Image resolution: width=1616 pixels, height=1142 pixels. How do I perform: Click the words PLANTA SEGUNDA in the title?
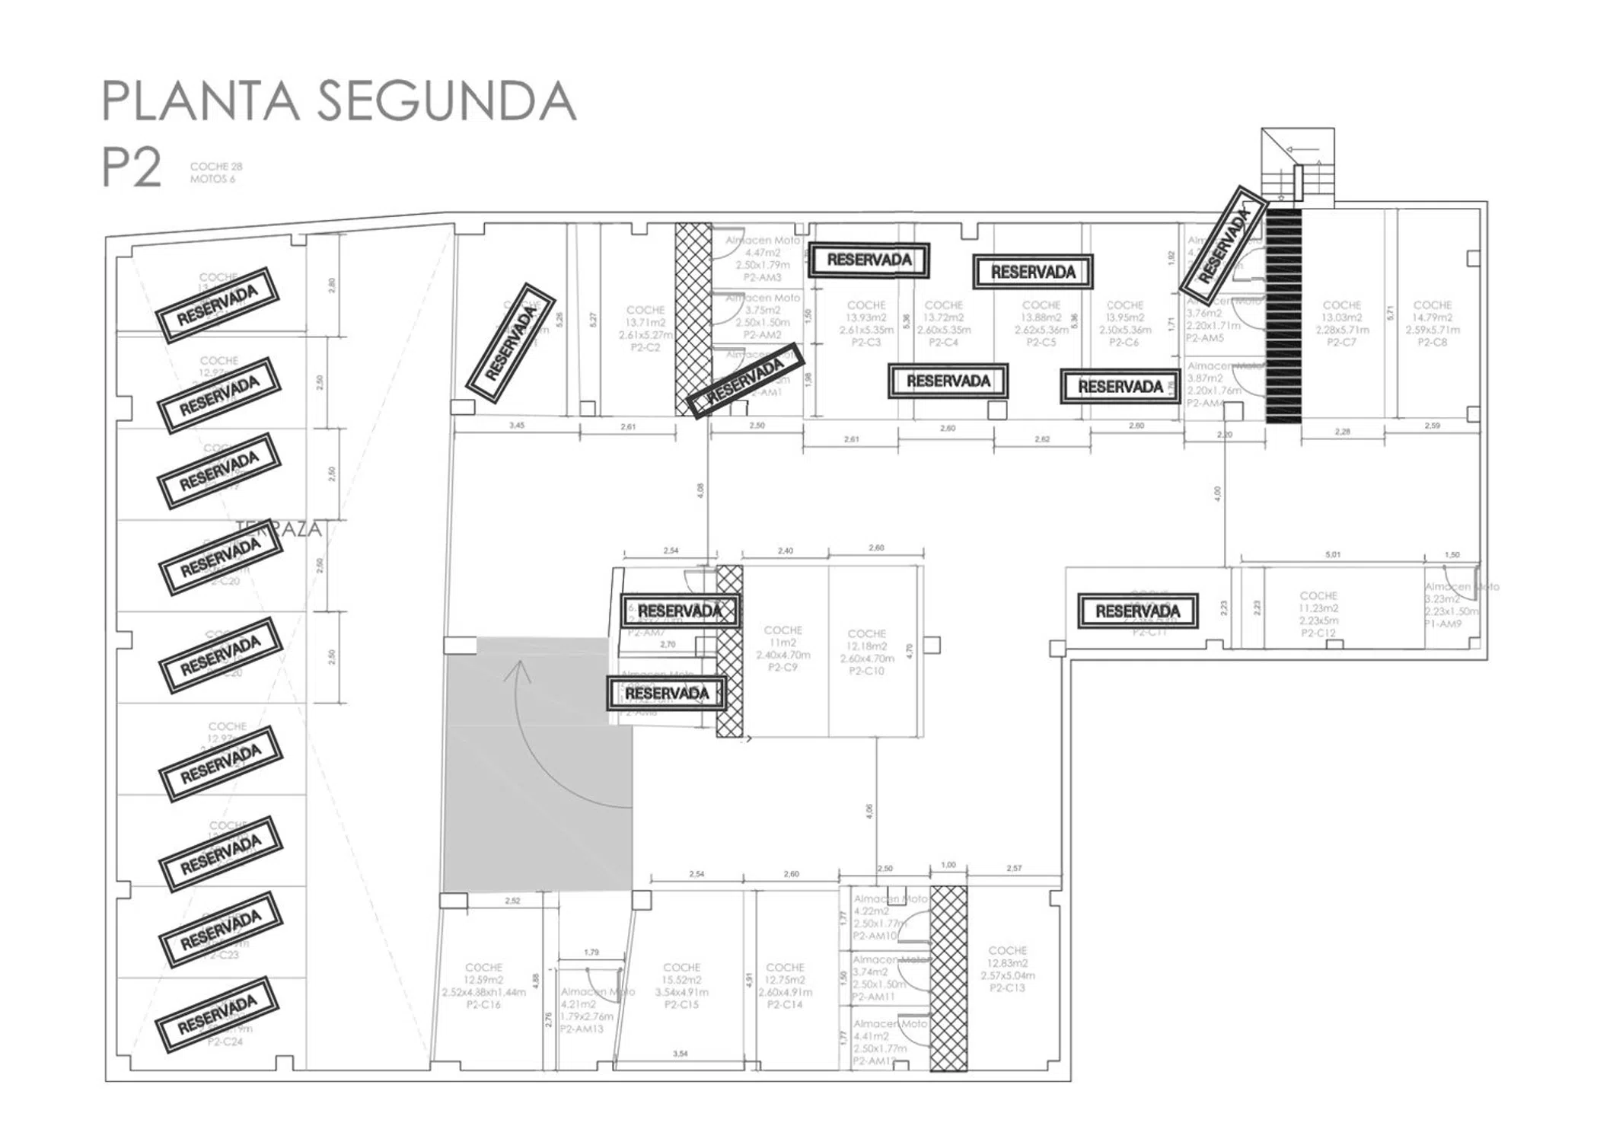(339, 100)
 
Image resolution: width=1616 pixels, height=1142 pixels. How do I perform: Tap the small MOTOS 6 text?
(212, 180)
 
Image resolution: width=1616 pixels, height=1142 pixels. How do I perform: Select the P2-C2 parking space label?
(645, 347)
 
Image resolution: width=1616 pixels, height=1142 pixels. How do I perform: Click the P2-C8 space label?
(1432, 343)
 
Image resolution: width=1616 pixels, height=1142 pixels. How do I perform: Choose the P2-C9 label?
(783, 668)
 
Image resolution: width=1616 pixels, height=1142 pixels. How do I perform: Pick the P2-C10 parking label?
(866, 671)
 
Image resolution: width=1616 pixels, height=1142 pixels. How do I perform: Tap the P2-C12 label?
(1318, 633)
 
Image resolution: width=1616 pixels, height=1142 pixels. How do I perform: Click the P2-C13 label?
(1007, 988)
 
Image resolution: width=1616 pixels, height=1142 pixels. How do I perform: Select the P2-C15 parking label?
(681, 1005)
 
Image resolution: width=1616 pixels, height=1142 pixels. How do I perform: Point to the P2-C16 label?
(483, 1005)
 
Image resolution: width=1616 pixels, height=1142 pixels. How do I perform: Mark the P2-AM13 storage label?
(582, 1029)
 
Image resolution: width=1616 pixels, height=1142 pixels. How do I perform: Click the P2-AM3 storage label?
(762, 278)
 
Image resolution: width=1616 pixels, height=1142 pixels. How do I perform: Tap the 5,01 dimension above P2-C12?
(1332, 555)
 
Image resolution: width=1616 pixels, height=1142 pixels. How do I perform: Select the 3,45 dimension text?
(516, 426)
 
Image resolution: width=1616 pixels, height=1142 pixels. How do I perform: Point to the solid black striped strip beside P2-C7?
(1283, 315)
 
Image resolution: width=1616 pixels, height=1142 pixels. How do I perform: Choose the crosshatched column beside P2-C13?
(948, 978)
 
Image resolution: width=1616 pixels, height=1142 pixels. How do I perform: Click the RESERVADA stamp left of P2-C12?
(1137, 611)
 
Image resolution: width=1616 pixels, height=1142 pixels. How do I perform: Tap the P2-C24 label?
(225, 1042)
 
